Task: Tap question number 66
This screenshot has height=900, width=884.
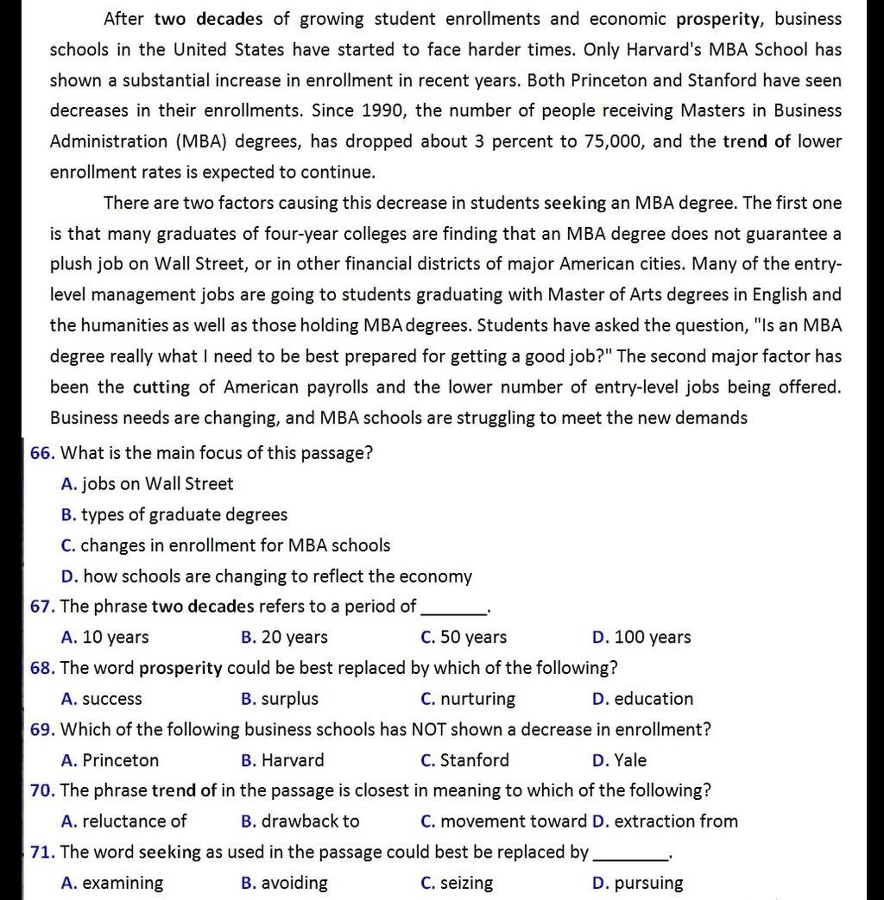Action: tap(42, 453)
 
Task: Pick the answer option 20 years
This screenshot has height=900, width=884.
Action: tap(285, 638)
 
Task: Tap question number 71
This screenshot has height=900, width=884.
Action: tap(42, 853)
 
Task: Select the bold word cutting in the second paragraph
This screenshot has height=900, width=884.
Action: tap(161, 387)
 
